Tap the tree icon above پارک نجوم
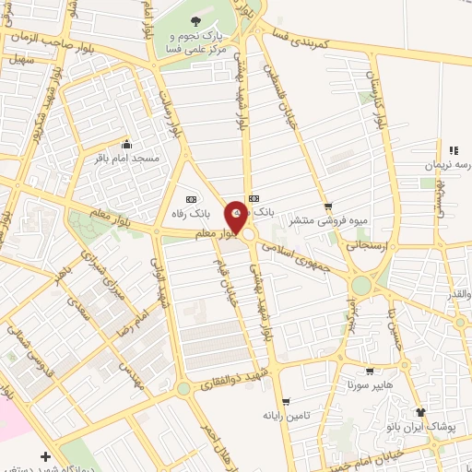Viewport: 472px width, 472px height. point(193,22)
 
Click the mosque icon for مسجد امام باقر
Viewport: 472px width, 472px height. point(126,145)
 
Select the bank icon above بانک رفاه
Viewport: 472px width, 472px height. point(192,199)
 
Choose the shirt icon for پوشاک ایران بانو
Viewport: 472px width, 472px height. point(420,413)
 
